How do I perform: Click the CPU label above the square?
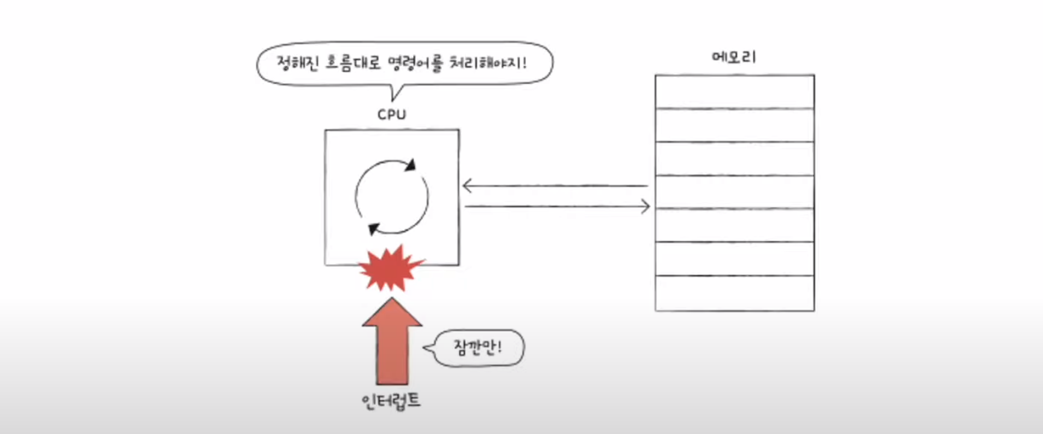(391, 113)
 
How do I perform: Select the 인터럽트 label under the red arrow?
(390, 400)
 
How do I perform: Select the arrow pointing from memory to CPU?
(554, 186)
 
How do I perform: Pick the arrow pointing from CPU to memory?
(558, 206)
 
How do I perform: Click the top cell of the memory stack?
(734, 91)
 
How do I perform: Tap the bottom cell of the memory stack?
(734, 294)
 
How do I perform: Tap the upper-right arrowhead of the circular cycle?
(411, 165)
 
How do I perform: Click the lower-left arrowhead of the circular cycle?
(371, 227)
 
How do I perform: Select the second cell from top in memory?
(734, 125)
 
